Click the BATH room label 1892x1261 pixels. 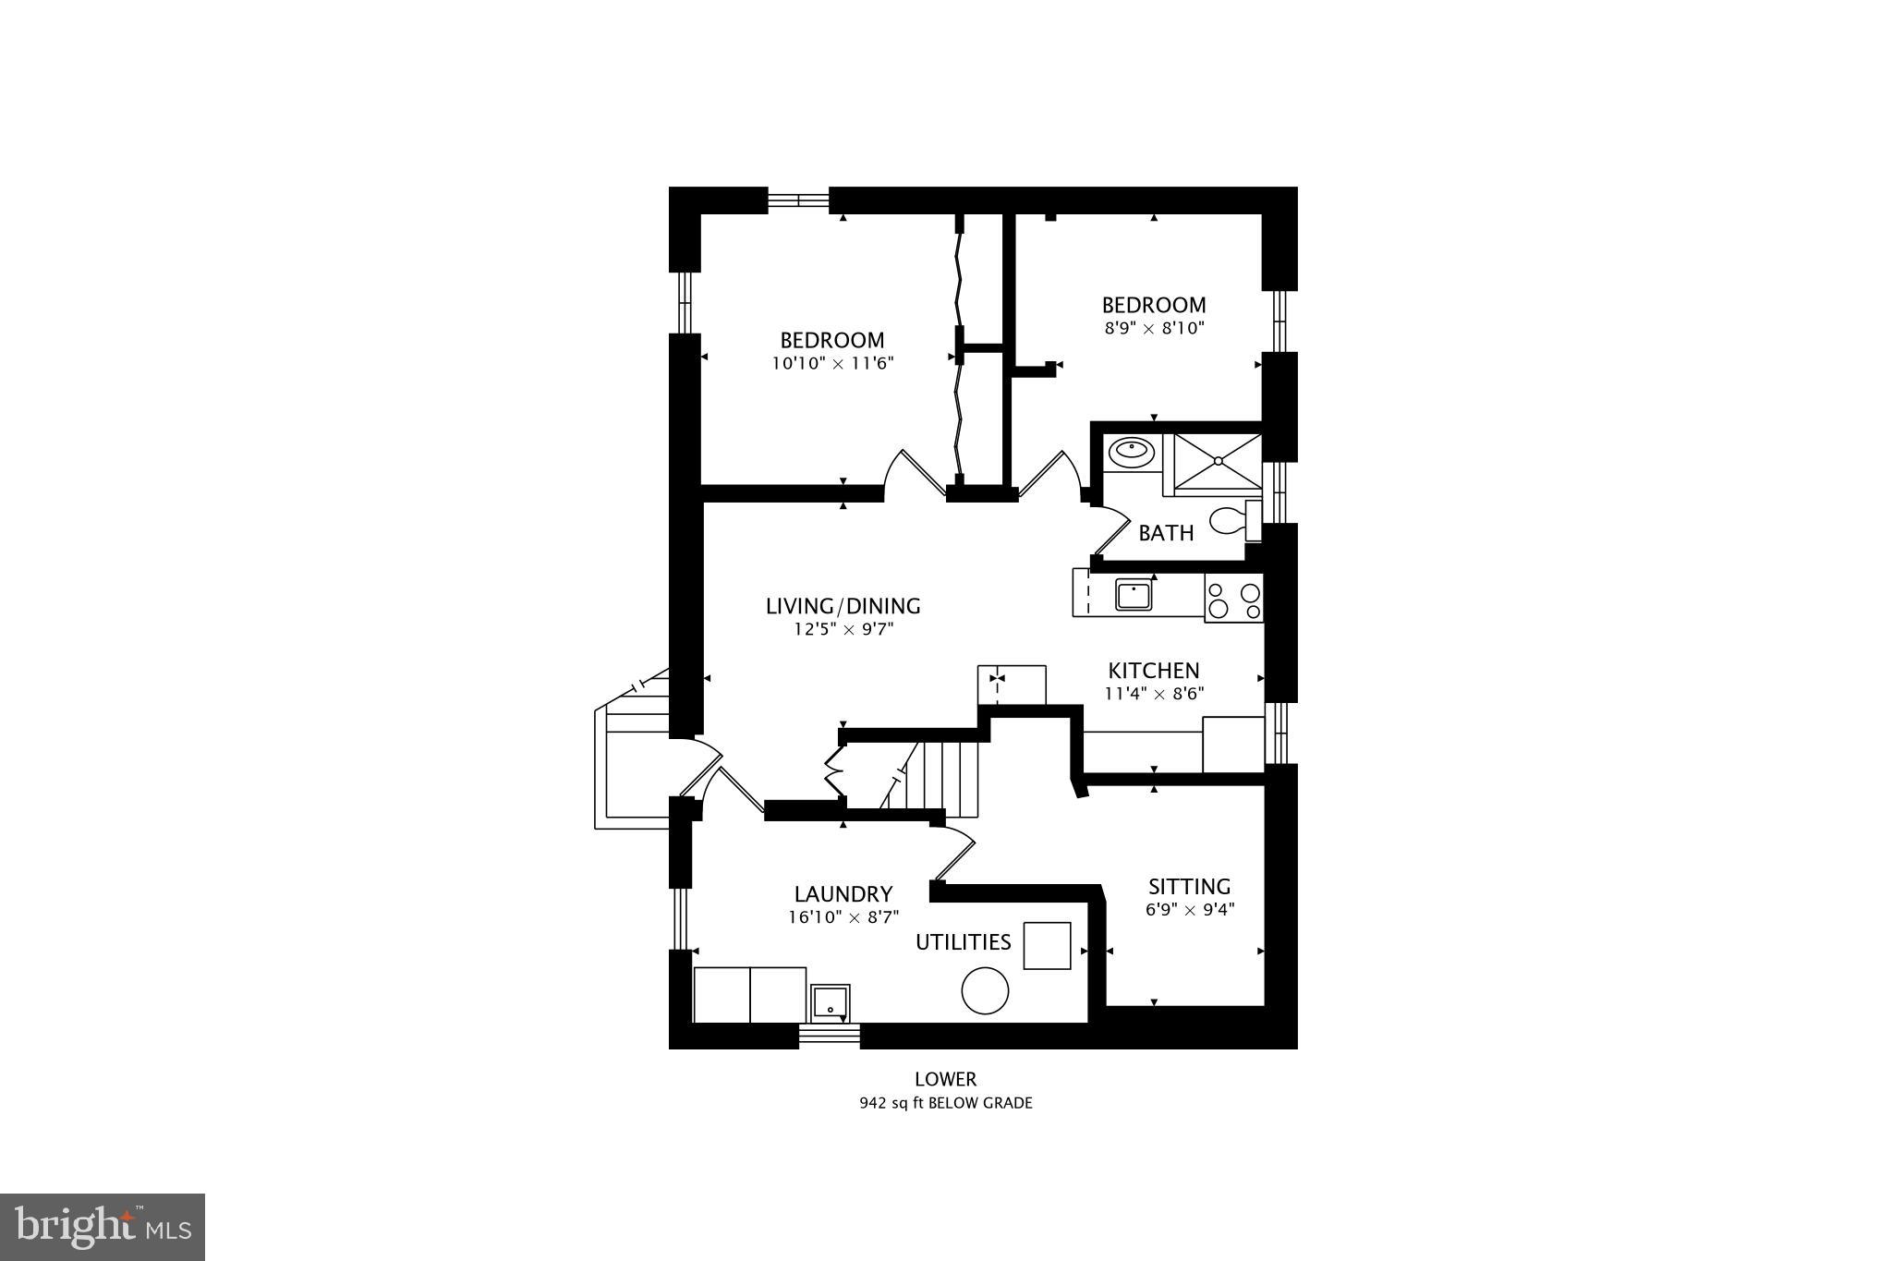(x=1165, y=533)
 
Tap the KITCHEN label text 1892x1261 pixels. (x=1153, y=671)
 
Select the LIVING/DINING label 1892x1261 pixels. (x=843, y=606)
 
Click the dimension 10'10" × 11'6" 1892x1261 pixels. (x=832, y=364)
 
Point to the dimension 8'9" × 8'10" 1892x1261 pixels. (x=1154, y=328)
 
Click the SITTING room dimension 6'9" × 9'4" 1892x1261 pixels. (x=1189, y=909)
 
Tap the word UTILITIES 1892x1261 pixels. (x=963, y=942)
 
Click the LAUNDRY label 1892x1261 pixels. (x=843, y=894)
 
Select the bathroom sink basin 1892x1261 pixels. (x=1131, y=452)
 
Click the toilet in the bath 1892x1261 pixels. (x=1231, y=521)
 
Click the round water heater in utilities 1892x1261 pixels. (x=985, y=990)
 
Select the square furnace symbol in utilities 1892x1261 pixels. (x=1047, y=945)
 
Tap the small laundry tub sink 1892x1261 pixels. (x=831, y=1002)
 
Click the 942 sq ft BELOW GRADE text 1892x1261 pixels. (x=945, y=1103)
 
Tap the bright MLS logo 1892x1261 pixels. (x=102, y=1227)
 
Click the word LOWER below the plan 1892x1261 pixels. (x=945, y=1079)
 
